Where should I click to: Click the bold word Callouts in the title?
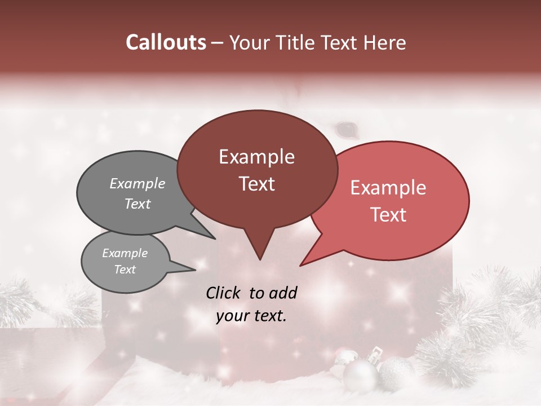pyautogui.click(x=166, y=42)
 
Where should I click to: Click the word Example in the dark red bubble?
pyautogui.click(x=256, y=157)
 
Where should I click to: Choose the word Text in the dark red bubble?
pyautogui.click(x=256, y=184)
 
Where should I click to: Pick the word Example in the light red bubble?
pyautogui.click(x=388, y=188)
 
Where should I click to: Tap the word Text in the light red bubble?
pyautogui.click(x=389, y=215)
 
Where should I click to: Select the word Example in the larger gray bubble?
pyautogui.click(x=138, y=183)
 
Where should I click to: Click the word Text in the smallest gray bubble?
pyautogui.click(x=125, y=270)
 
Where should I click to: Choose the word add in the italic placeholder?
pyautogui.click(x=283, y=293)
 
